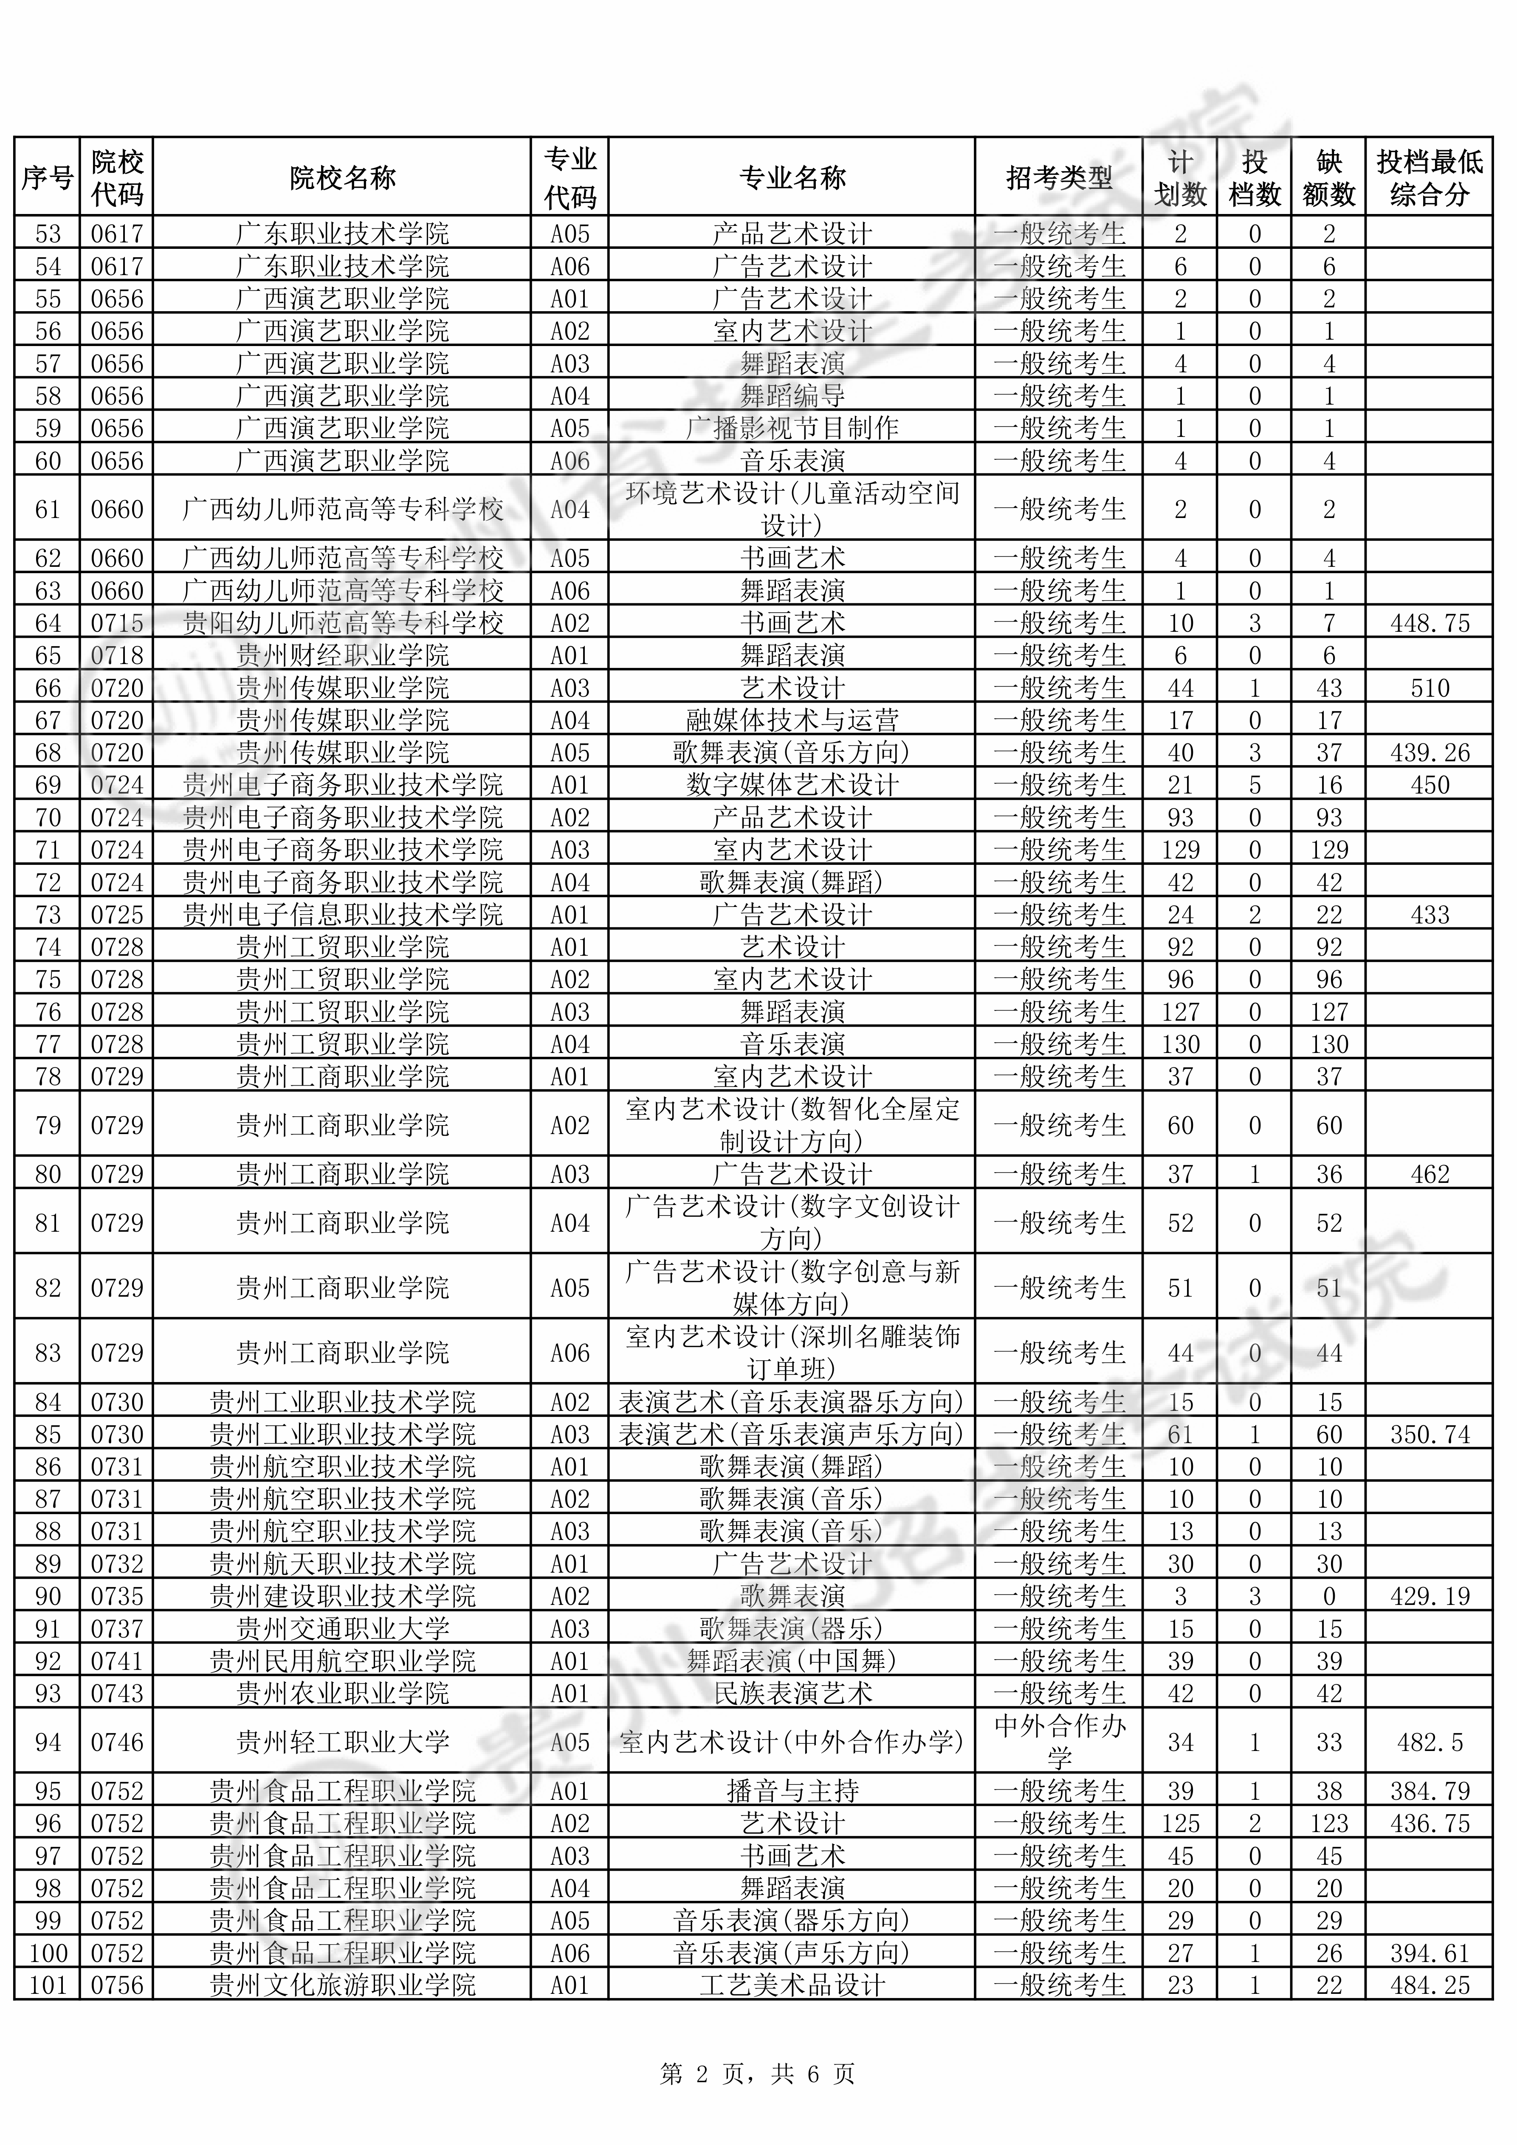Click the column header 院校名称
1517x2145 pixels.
(342, 177)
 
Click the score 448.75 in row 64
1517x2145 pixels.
(1429, 623)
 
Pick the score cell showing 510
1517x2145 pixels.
(1429, 689)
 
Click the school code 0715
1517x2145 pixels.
(117, 623)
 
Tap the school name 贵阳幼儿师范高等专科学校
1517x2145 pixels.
(342, 623)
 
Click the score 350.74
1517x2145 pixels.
(1429, 1434)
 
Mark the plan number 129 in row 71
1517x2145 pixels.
(1181, 850)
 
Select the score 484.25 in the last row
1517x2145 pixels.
(1429, 1985)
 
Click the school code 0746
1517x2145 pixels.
(117, 1742)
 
